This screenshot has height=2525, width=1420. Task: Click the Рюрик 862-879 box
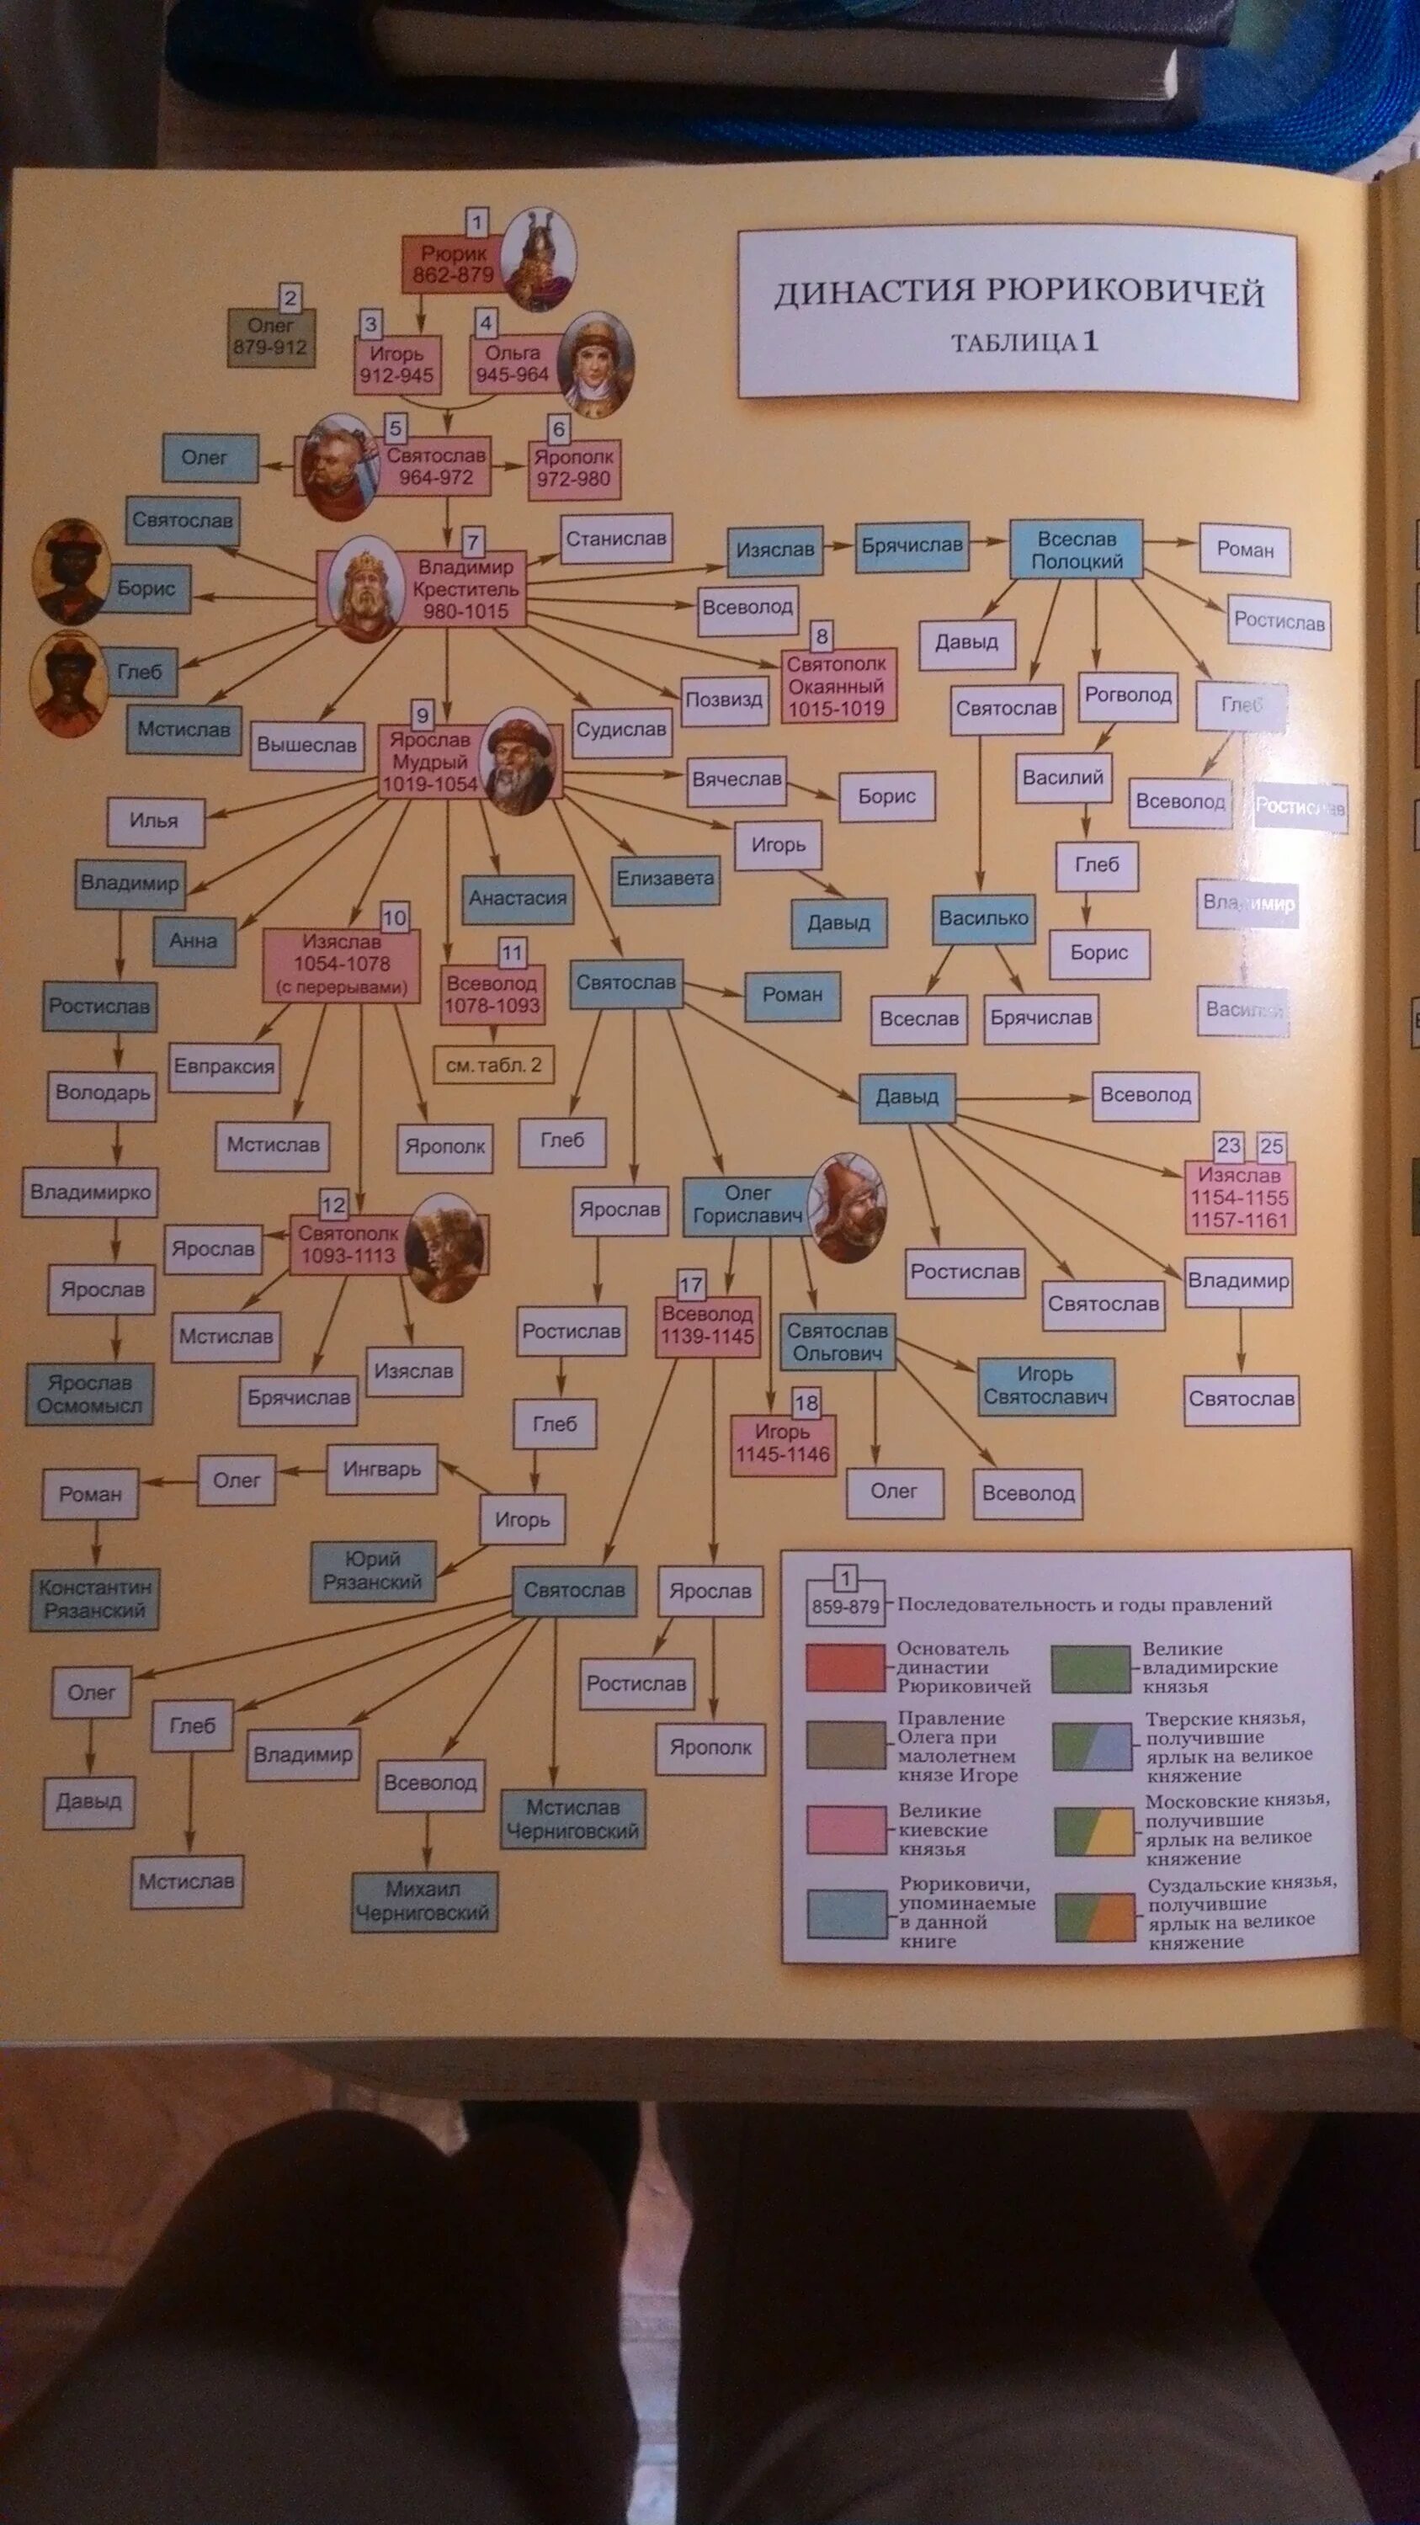point(453,264)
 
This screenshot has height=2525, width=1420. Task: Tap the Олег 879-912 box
point(270,338)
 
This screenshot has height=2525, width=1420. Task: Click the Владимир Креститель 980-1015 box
point(465,589)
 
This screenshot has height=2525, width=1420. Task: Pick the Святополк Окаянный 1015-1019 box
point(837,686)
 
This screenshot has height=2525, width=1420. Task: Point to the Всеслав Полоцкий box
point(1076,550)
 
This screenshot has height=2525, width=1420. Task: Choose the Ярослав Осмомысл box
point(89,1394)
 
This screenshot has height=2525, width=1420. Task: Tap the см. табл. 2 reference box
point(493,1066)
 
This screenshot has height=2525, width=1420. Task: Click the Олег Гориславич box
point(747,1204)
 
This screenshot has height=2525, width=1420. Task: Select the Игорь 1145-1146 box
point(782,1443)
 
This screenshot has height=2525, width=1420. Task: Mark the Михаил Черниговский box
point(423,1900)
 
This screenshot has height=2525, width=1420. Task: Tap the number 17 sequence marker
point(691,1285)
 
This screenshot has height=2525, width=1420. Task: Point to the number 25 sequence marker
point(1271,1146)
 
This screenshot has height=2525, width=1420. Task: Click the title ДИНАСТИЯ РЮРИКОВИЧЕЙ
point(1018,292)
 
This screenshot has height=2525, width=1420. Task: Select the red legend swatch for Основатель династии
point(845,1667)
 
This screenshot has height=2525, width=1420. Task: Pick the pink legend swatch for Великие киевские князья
point(845,1828)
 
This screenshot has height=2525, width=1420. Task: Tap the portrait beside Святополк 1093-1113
point(446,1246)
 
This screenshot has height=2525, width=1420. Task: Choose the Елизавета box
point(666,880)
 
